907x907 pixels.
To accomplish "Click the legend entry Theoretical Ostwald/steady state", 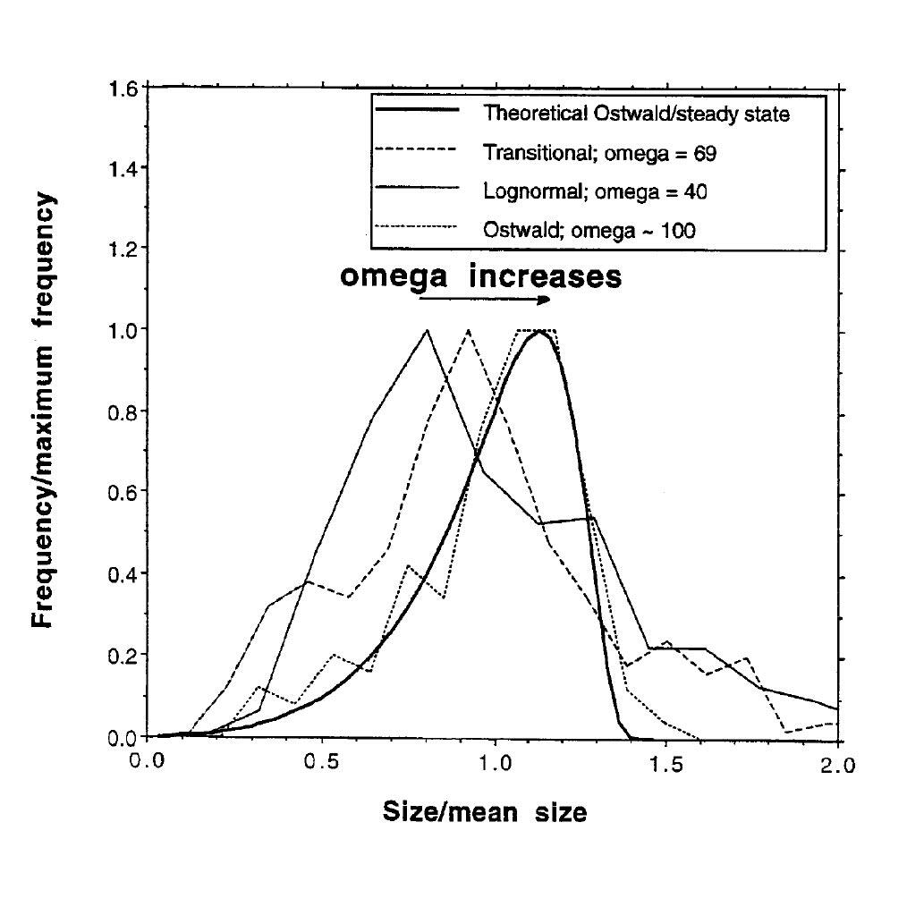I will (636, 114).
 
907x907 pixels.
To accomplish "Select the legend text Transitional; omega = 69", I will (599, 153).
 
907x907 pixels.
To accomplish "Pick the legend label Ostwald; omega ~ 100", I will (589, 229).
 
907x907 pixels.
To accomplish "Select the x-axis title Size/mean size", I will (485, 812).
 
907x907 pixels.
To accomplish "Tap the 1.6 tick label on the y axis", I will (123, 89).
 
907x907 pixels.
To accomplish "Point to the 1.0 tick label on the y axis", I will (123, 331).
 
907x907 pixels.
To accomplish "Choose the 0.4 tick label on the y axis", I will (123, 574).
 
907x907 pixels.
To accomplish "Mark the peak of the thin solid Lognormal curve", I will (427, 330).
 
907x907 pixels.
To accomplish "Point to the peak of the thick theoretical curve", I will (538, 332).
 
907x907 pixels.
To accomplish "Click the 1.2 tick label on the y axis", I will (123, 250).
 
